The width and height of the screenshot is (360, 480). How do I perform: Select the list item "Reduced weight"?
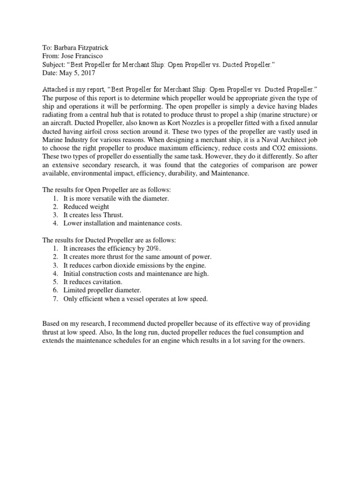(x=86, y=207)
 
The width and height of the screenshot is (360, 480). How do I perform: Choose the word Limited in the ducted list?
(x=75, y=290)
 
